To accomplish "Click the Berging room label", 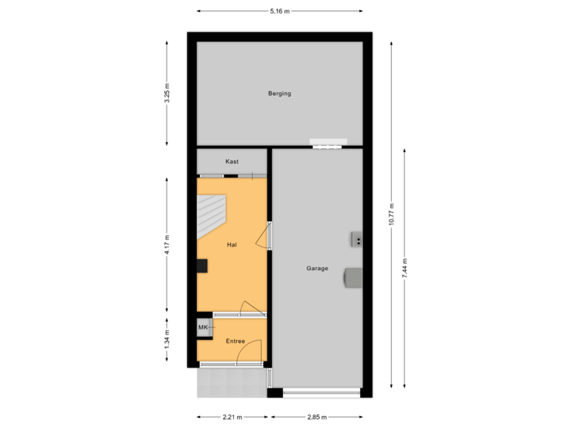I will (280, 94).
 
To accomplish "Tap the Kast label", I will (232, 162).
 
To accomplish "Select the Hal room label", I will (232, 245).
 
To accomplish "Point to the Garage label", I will (317, 269).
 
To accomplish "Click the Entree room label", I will (236, 341).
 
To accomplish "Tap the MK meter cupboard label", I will (203, 327).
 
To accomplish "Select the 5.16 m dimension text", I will (280, 11).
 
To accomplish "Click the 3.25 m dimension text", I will (167, 94).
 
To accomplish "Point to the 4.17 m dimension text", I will (167, 243).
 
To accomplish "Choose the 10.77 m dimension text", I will (391, 214).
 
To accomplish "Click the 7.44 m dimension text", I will (404, 267).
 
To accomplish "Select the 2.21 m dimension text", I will (232, 416).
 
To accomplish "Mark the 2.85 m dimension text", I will (316, 416).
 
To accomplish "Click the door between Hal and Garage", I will (268, 235).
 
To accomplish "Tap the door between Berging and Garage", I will (329, 145).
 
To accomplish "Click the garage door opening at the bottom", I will (321, 392).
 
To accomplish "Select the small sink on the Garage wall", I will (358, 239).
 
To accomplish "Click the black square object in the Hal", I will (202, 266).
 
